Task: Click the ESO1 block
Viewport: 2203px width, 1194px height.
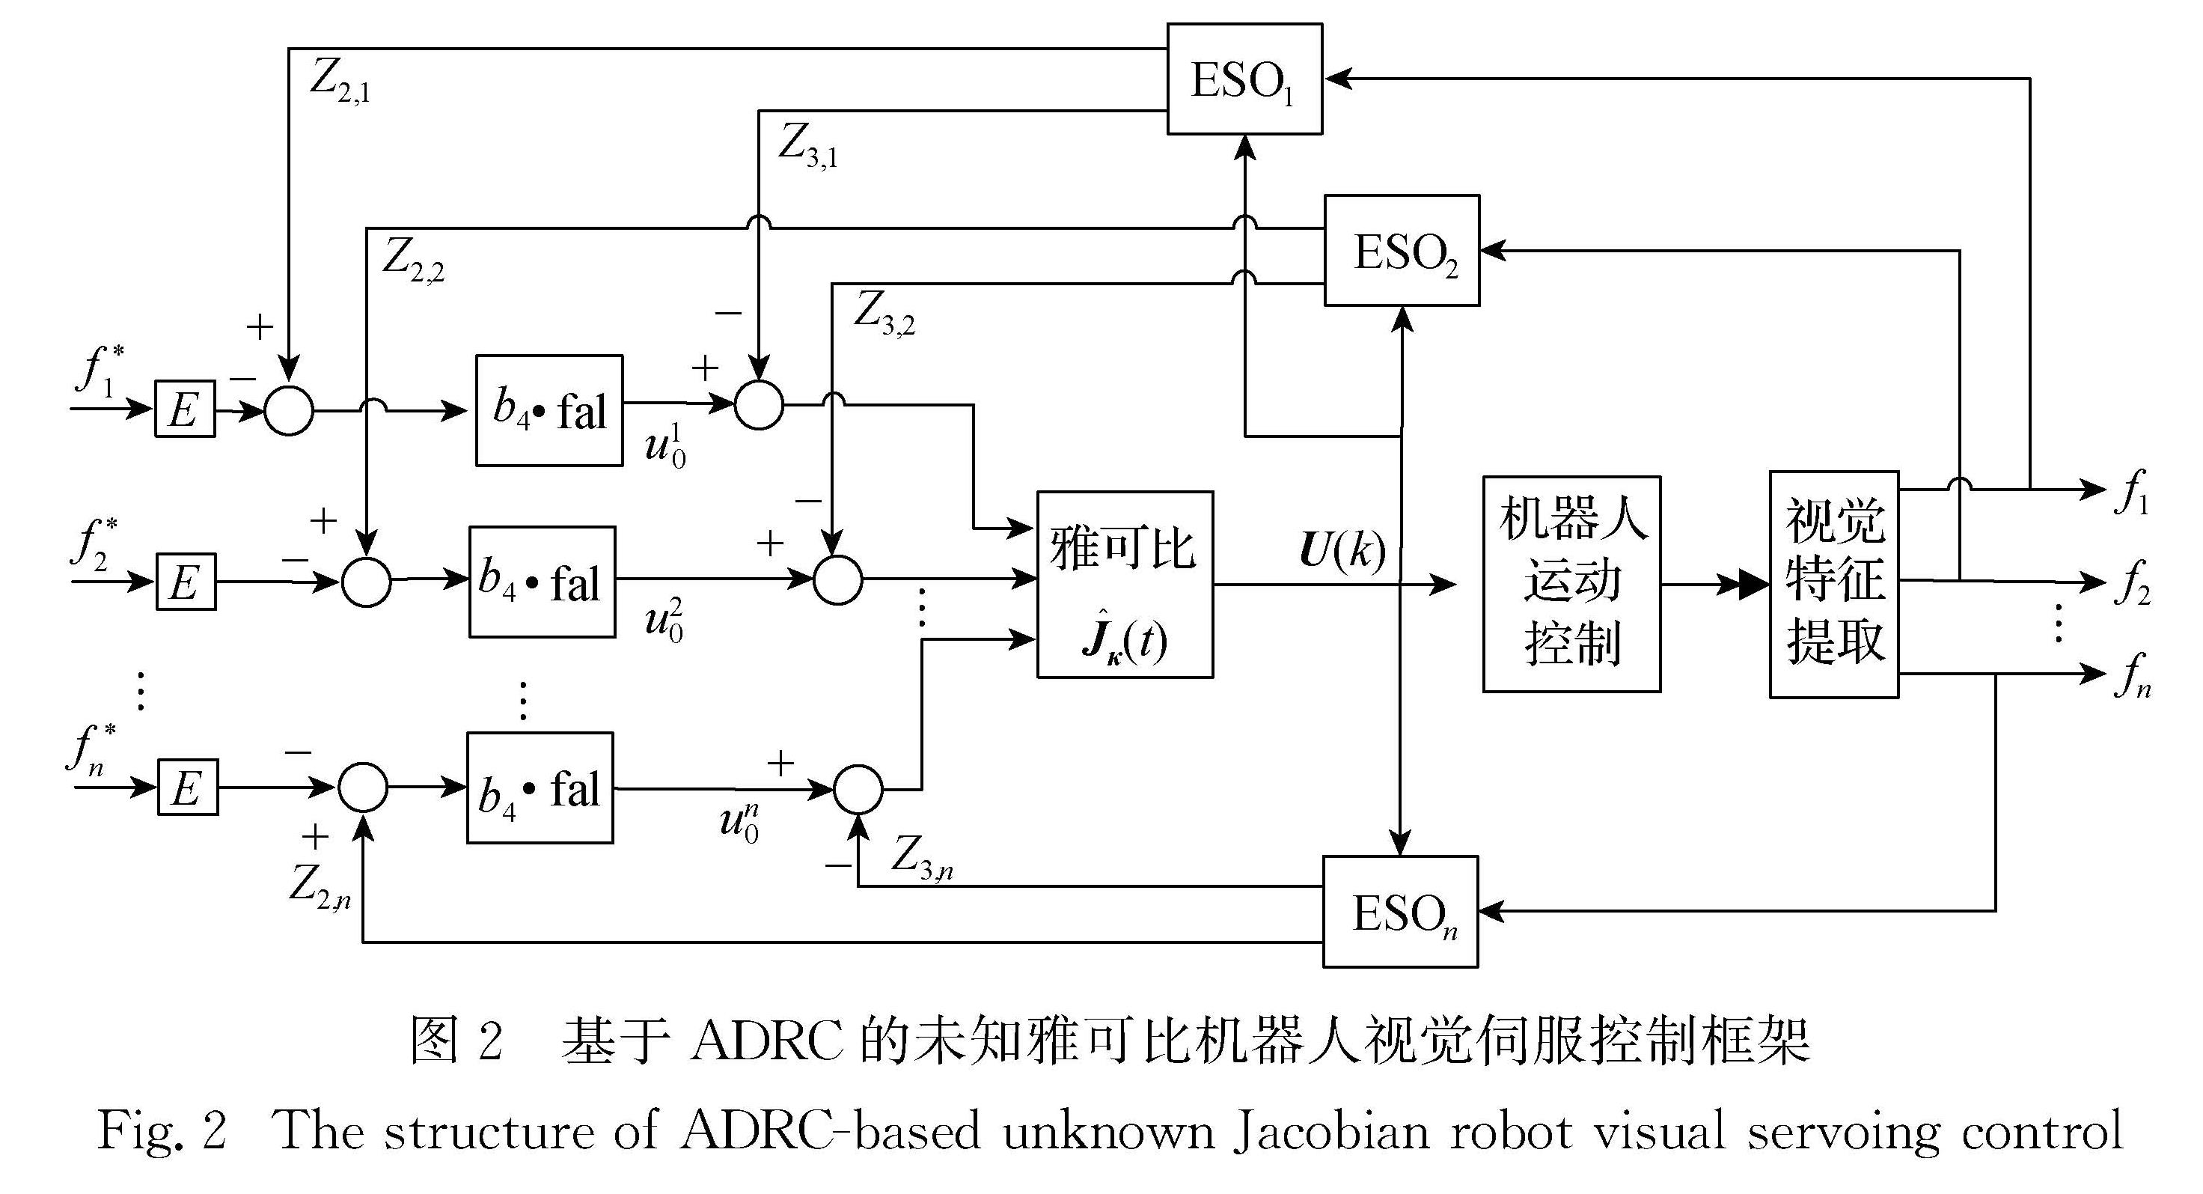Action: (1244, 79)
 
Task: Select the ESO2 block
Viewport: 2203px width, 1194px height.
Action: (1402, 251)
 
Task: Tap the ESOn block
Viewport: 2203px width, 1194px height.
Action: (1400, 912)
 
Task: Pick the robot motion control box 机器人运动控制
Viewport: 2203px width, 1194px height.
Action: (1571, 584)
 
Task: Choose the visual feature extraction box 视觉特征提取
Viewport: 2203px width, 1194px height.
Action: (1833, 584)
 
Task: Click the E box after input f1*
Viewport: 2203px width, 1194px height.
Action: (185, 409)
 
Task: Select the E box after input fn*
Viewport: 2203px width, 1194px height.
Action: (187, 788)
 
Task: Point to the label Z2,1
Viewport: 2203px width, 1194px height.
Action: (340, 82)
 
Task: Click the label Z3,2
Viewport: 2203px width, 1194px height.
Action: (884, 314)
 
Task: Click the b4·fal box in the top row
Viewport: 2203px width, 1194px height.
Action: (549, 410)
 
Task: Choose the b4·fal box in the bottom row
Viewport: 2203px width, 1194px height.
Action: (540, 788)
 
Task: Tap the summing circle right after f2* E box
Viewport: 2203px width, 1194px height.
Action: (366, 582)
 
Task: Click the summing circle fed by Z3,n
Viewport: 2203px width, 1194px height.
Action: (858, 788)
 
